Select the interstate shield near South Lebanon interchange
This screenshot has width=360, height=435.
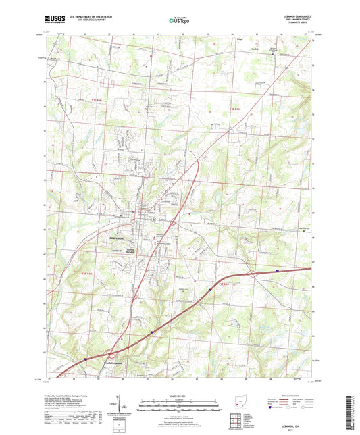tap(86, 359)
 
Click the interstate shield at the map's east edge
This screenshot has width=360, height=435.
tap(278, 272)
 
